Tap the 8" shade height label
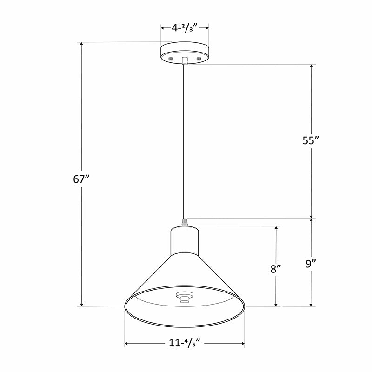tap(276, 269)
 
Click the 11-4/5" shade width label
tap(185, 344)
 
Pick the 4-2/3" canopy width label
tap(185, 28)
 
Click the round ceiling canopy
tap(185, 52)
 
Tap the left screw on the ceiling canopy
tap(171, 59)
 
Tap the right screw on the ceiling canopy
tap(199, 59)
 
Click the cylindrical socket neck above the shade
tap(185, 240)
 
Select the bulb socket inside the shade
tap(185, 296)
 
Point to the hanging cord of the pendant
tap(185, 139)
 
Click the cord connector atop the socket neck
tap(185, 223)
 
